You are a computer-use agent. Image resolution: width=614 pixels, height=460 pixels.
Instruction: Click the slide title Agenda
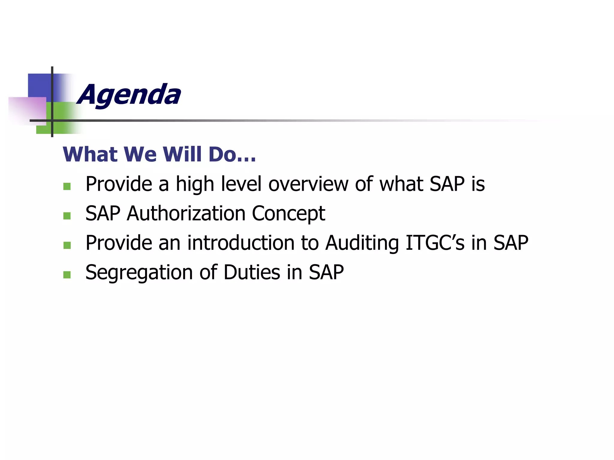click(129, 95)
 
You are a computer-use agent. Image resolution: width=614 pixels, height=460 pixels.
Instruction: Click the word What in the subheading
click(90, 155)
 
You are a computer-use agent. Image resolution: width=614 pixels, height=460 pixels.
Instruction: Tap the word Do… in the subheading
click(232, 155)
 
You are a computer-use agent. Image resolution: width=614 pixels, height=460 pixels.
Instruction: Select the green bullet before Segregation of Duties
click(67, 275)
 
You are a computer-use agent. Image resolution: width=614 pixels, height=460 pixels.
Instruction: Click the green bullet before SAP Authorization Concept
click(67, 216)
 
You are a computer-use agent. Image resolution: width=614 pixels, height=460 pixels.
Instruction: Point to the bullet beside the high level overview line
click(67, 186)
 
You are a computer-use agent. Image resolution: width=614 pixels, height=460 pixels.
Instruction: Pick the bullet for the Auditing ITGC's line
click(67, 245)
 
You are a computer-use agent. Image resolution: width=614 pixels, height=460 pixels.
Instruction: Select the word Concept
click(288, 214)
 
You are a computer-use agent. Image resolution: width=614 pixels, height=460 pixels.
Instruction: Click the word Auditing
click(362, 243)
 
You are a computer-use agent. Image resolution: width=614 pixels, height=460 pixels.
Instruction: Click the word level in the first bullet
click(241, 184)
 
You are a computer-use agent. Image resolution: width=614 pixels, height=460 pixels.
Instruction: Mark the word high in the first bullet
click(195, 184)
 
